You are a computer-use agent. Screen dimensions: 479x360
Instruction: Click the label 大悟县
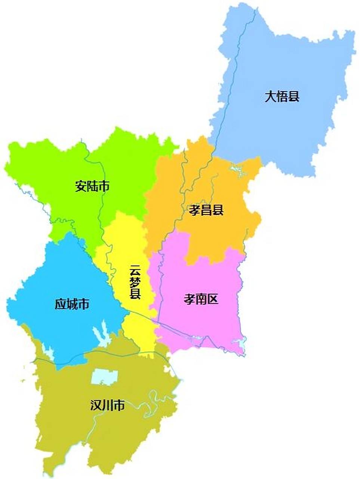pyautogui.click(x=282, y=97)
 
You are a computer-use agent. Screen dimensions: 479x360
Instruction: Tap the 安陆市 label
pyautogui.click(x=92, y=186)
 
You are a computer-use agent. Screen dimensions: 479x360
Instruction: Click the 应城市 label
pyautogui.click(x=72, y=304)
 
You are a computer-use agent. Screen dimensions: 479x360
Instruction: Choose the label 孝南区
pyautogui.click(x=201, y=299)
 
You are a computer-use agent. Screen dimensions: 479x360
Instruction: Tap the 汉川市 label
pyautogui.click(x=108, y=405)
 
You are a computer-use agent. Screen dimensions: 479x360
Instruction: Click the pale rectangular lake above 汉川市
pyautogui.click(x=105, y=377)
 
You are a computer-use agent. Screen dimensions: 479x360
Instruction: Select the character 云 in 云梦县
pyautogui.click(x=135, y=270)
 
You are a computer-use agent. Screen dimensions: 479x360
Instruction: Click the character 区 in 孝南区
pyautogui.click(x=213, y=299)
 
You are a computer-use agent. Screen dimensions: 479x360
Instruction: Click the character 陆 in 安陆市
pyautogui.click(x=92, y=186)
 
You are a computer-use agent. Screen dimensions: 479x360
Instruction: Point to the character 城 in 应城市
pyautogui.click(x=72, y=304)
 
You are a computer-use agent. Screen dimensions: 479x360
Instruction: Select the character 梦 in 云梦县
pyautogui.click(x=135, y=282)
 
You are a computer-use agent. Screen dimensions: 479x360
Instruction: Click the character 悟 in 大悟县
pyautogui.click(x=282, y=97)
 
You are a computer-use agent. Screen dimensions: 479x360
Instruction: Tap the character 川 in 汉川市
pyautogui.click(x=108, y=405)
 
